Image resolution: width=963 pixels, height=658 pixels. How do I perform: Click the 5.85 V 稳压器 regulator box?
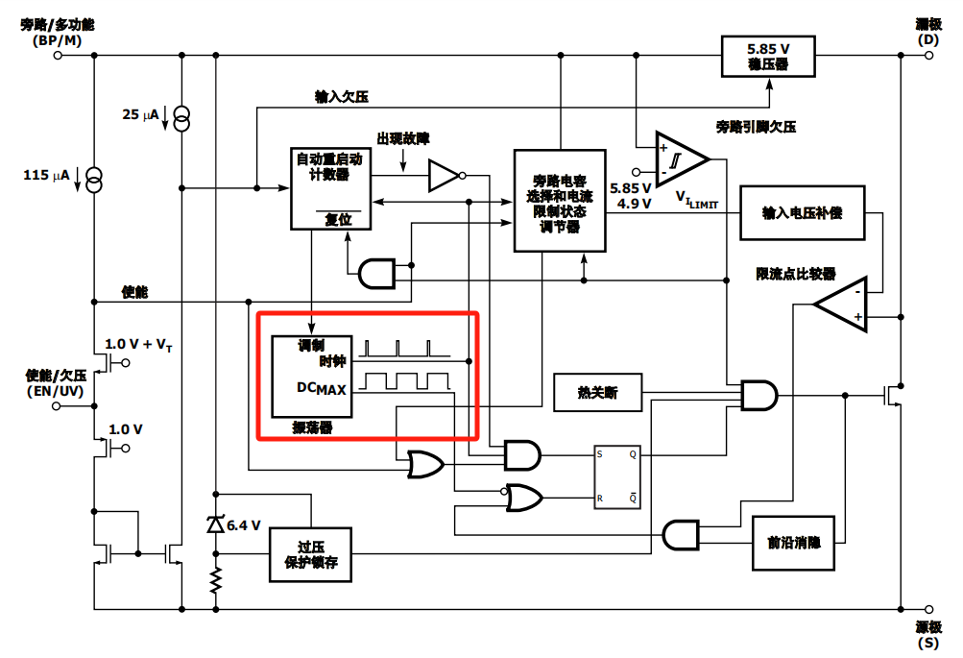[x=768, y=57]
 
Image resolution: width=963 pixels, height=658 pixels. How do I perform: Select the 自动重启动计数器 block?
[x=330, y=188]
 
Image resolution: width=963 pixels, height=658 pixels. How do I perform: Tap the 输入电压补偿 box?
[x=802, y=212]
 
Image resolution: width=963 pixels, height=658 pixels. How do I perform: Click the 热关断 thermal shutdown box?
[x=597, y=392]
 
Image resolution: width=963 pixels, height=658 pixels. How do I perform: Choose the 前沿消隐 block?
[x=793, y=543]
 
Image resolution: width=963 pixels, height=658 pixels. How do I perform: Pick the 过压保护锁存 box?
[x=311, y=554]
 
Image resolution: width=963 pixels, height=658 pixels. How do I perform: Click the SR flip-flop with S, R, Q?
[x=616, y=476]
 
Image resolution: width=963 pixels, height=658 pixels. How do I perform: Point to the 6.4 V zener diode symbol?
[x=216, y=524]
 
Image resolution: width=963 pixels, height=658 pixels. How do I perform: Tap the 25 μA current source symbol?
[x=181, y=118]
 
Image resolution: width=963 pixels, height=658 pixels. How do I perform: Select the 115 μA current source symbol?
[x=93, y=180]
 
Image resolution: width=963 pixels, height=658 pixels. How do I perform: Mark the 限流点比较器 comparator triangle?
[x=841, y=305]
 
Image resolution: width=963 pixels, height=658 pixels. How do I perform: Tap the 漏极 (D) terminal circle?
[x=929, y=56]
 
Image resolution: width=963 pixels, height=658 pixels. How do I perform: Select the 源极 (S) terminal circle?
[x=929, y=609]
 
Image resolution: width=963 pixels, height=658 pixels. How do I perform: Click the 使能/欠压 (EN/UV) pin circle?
[x=57, y=406]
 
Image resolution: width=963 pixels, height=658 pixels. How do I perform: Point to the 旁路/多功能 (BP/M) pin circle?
[x=58, y=56]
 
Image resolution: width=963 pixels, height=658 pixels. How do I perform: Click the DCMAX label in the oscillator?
[x=322, y=388]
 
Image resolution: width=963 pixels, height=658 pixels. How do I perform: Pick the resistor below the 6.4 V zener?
[x=216, y=580]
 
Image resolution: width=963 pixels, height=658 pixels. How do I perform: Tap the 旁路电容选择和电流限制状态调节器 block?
[x=560, y=201]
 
